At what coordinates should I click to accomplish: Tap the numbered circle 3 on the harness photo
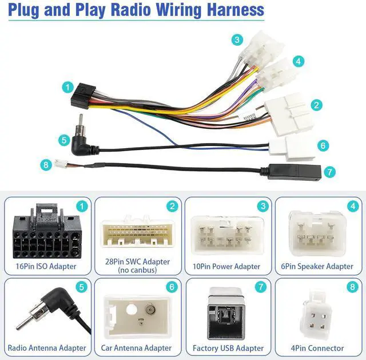click(x=237, y=40)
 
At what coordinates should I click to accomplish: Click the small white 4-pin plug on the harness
click(x=61, y=164)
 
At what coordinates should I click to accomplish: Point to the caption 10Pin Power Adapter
click(x=226, y=266)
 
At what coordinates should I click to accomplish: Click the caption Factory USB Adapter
click(x=228, y=348)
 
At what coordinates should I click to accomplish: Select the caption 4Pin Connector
click(x=318, y=348)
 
